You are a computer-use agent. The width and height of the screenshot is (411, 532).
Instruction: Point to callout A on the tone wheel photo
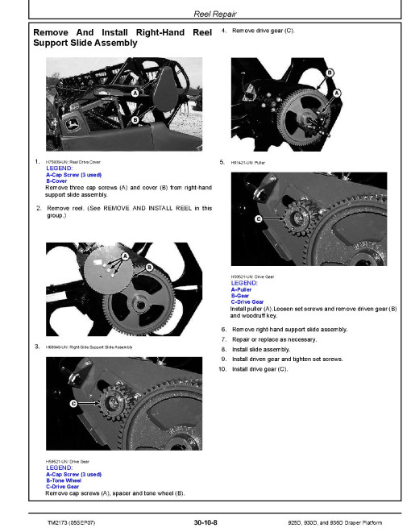127,256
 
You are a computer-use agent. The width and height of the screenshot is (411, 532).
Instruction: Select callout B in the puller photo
329,73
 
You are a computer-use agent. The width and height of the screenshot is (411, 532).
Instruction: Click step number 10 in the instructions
223,368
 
